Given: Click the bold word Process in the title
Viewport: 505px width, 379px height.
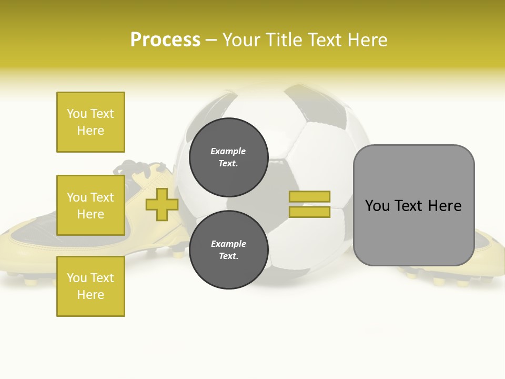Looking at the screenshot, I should [165, 40].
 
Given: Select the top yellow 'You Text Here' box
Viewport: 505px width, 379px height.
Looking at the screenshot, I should [90, 122].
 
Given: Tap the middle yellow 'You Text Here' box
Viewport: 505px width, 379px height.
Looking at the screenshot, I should [90, 205].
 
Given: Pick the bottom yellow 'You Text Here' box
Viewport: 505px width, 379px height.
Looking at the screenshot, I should [90, 286].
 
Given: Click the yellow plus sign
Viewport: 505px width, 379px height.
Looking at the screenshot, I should [162, 204].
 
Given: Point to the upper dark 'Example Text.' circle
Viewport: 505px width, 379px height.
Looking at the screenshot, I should [228, 157].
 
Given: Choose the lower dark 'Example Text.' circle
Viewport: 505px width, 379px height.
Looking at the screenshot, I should [228, 250].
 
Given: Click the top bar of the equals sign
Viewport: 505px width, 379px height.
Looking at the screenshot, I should [309, 196].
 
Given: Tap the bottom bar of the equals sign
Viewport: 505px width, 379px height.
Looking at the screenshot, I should [309, 212].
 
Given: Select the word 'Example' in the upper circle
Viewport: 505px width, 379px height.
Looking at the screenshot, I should [228, 151].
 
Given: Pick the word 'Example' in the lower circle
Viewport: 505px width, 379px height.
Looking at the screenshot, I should [228, 244].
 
